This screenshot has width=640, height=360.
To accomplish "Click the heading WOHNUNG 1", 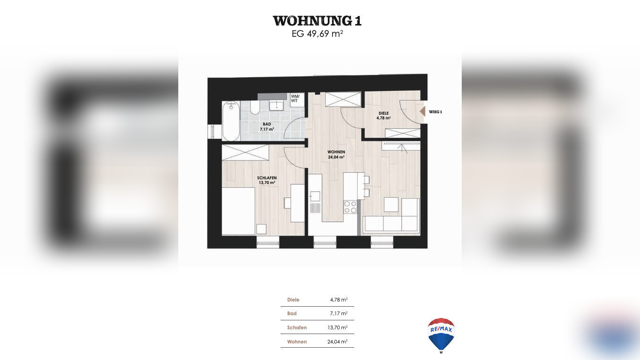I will (317, 21).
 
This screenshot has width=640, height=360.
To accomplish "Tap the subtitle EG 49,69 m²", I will (317, 34).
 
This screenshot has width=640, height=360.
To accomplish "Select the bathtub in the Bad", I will (231, 121).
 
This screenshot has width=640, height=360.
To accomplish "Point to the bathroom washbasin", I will (276, 105).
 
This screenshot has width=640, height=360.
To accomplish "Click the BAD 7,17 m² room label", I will (267, 126).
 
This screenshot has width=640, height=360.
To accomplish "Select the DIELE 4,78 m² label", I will (383, 116).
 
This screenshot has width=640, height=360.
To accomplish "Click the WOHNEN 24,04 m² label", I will (336, 154).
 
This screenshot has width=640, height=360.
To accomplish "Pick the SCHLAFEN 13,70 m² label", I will (267, 180).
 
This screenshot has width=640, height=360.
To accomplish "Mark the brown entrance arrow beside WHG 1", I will (422, 112).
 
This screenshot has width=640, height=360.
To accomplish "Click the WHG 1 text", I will (436, 112).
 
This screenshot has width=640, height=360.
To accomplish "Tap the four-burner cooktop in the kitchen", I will (350, 207).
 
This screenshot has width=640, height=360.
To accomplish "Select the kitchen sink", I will (315, 196).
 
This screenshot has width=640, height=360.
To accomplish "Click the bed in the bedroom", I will (238, 211).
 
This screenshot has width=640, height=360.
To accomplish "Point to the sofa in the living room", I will (391, 223).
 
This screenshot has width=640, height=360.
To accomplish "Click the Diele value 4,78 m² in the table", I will (339, 300).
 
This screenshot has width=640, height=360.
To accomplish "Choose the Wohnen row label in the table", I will (297, 342).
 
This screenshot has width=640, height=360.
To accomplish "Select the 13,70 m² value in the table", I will (338, 327).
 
